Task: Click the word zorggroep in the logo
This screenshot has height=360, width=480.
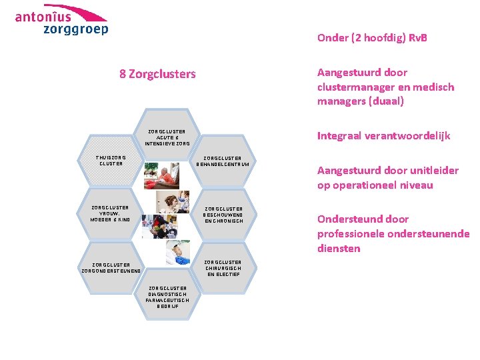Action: (75, 29)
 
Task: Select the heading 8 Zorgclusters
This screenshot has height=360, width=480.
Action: (157, 74)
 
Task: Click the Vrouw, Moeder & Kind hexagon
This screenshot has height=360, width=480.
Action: (111, 213)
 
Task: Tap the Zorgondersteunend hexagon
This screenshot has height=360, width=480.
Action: (111, 267)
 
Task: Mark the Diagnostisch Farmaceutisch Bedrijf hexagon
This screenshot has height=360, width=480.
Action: (167, 297)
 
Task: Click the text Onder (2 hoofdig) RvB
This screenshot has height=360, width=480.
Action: (372, 38)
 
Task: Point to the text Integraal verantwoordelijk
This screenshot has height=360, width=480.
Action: (383, 136)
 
